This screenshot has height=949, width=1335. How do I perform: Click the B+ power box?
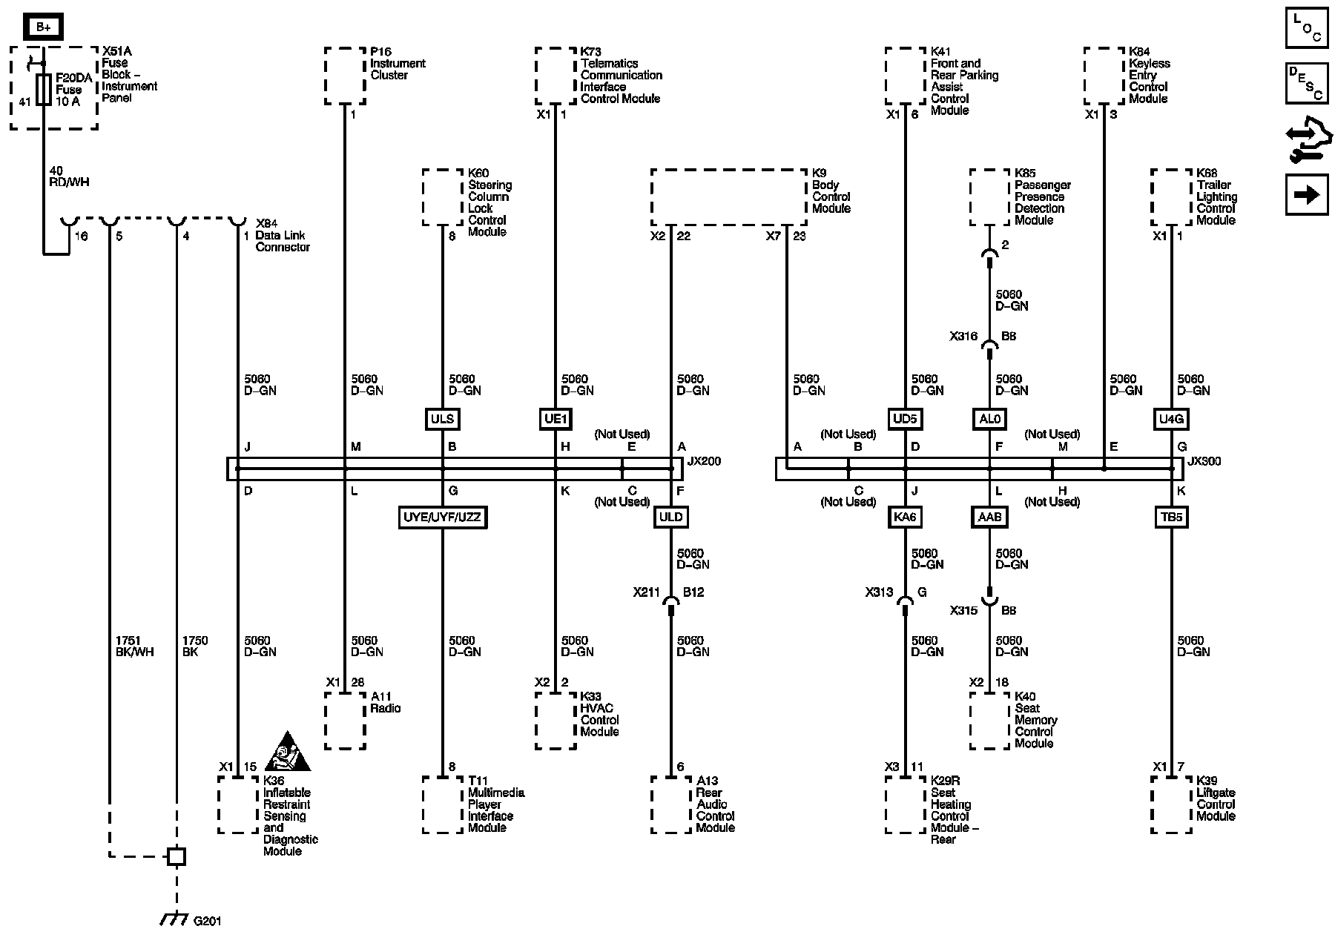[x=44, y=28]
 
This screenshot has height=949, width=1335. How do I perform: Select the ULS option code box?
[x=442, y=419]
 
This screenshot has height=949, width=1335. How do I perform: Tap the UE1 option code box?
[x=555, y=419]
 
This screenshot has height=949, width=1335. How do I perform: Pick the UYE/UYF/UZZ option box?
[x=443, y=517]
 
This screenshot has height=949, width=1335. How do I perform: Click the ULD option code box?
[x=670, y=517]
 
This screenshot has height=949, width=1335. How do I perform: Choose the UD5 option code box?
[x=905, y=419]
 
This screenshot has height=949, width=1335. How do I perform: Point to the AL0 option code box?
[x=989, y=419]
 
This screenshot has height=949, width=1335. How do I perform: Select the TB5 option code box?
[x=1172, y=517]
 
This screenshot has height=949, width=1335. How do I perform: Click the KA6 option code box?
[x=905, y=517]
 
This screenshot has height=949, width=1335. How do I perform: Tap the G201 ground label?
[x=207, y=922]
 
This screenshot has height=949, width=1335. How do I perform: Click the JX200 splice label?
[x=704, y=461]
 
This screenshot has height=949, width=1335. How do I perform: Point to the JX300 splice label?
[x=1204, y=461]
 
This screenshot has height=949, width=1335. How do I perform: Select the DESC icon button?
[x=1307, y=83]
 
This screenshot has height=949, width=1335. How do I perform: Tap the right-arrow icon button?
[x=1307, y=194]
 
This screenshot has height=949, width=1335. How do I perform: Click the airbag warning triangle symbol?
[x=287, y=752]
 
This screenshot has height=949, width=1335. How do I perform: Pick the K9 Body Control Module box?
[x=728, y=197]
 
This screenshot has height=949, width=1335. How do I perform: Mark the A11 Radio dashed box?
[x=345, y=721]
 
